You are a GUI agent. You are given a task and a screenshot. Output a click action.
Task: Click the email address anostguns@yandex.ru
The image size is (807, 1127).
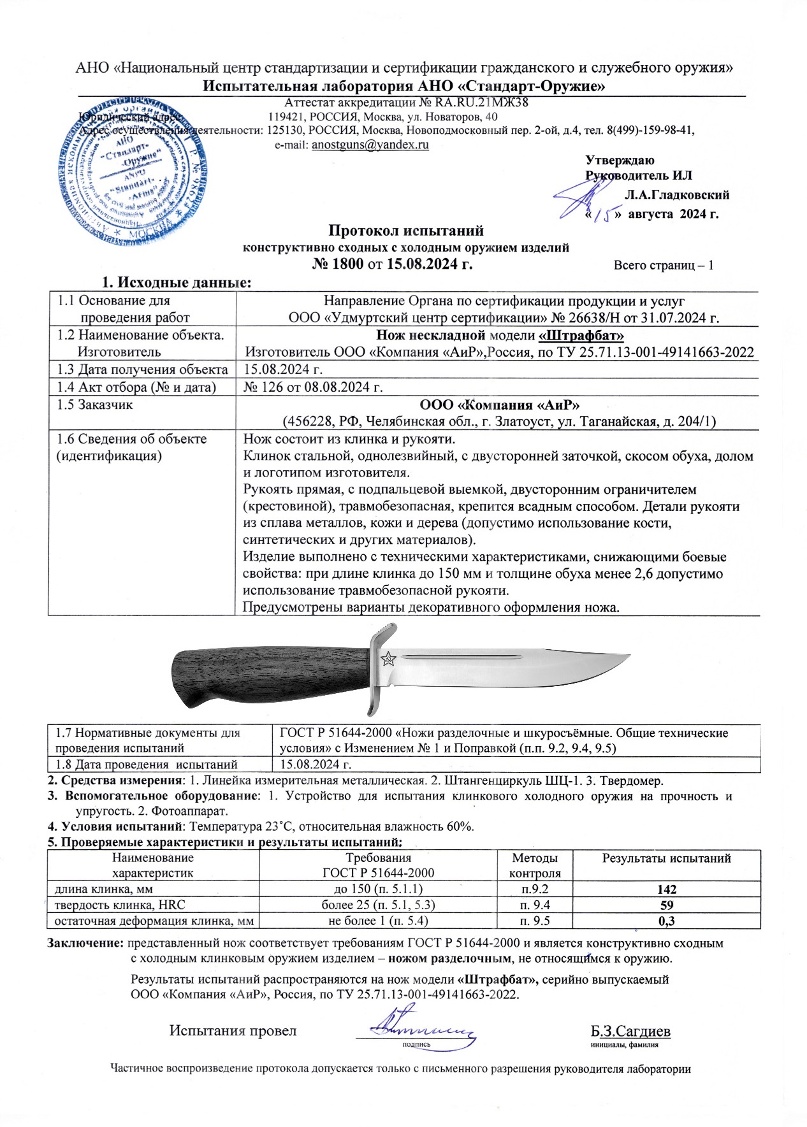coord(370,145)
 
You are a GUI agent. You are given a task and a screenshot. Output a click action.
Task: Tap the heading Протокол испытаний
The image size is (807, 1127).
coord(406,231)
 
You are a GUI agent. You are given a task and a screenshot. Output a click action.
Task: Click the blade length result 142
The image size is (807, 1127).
coord(666,889)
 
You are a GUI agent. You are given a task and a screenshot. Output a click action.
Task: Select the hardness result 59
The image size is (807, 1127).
coord(666,905)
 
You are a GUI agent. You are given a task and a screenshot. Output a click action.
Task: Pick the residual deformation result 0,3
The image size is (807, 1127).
coord(666,921)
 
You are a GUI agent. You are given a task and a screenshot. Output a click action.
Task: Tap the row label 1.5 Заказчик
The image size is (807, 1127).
coord(95,405)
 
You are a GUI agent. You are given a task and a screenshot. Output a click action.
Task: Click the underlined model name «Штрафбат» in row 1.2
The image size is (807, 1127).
coord(581,335)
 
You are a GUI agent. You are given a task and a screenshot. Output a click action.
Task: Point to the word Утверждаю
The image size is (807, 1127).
coord(620,161)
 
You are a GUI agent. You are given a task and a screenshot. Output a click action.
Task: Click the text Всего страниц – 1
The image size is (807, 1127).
coord(663,265)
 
